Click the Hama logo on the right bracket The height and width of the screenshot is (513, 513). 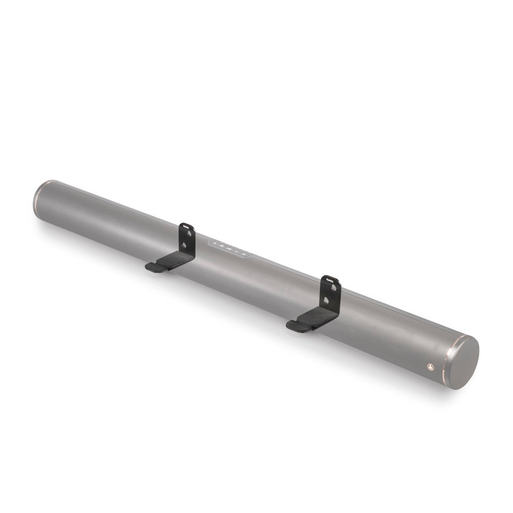(330, 280)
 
